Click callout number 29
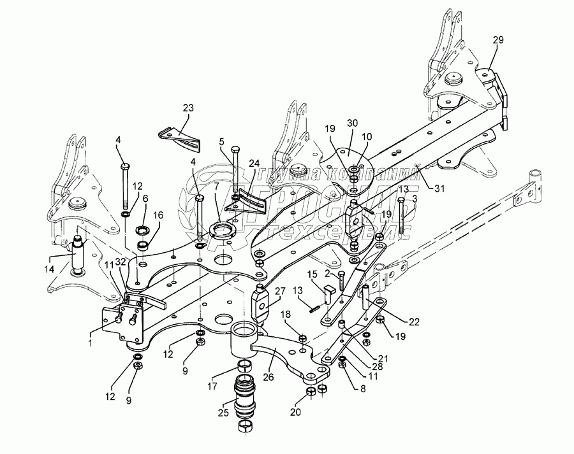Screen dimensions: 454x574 click(497, 39)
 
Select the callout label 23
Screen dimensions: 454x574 click(188, 108)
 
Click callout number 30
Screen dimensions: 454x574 click(353, 123)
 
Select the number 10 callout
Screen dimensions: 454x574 click(366, 137)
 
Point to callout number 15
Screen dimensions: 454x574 click(313, 274)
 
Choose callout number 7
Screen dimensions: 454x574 click(216, 187)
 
